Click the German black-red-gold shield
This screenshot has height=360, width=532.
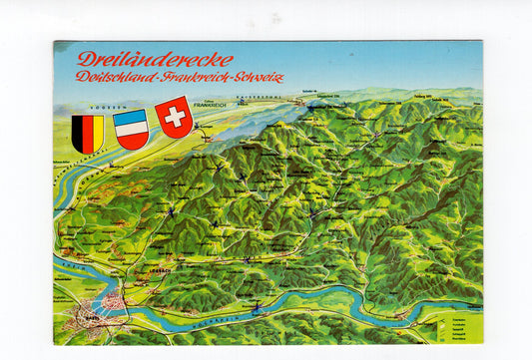[88, 133]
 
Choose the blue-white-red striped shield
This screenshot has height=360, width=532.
[131, 129]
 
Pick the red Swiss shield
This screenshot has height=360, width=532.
[174, 116]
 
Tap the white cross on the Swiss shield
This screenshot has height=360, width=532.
[174, 115]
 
